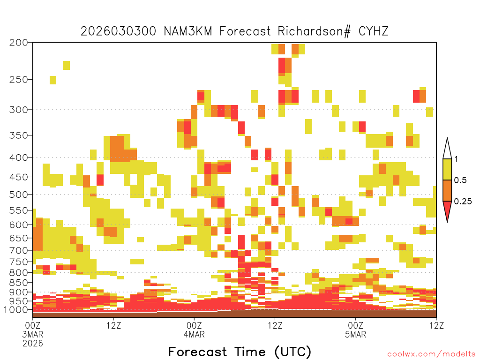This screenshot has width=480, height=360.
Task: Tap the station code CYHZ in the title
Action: pyautogui.click(x=373, y=31)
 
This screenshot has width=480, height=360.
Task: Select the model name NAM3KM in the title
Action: pyautogui.click(x=187, y=31)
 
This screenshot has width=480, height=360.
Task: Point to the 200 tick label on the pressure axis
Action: pyautogui.click(x=19, y=43)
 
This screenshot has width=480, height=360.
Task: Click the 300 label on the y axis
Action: pyautogui.click(x=19, y=110)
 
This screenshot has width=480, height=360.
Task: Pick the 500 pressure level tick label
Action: pyautogui.click(x=19, y=195)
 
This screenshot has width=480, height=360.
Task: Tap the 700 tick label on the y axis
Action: pyautogui.click(x=19, y=250)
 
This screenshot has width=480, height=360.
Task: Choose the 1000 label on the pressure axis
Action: pyautogui.click(x=16, y=309)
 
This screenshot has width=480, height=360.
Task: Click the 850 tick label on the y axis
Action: pyautogui.click(x=19, y=283)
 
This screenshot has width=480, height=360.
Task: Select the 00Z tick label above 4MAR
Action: pyautogui.click(x=194, y=325)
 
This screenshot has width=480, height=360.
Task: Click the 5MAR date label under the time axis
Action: pyautogui.click(x=355, y=334)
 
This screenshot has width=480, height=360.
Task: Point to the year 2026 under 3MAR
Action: pyautogui.click(x=33, y=343)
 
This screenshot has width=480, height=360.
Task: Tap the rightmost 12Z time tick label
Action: pyautogui.click(x=436, y=325)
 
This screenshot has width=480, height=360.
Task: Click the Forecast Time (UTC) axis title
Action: pyautogui.click(x=240, y=352)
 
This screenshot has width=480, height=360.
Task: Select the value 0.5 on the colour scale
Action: pyautogui.click(x=460, y=180)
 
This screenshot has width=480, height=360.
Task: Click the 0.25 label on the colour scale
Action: pyautogui.click(x=463, y=201)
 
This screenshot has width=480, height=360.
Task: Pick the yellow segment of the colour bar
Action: pyautogui.click(x=447, y=169)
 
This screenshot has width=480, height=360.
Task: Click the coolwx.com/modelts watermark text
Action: pyautogui.click(x=431, y=354)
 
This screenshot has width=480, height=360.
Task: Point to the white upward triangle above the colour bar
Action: pyautogui.click(x=447, y=150)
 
